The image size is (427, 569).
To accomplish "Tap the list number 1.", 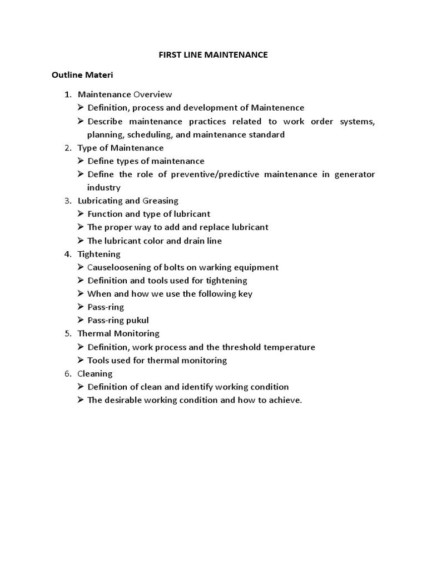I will pyautogui.click(x=67, y=94).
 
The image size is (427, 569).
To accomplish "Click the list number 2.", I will pyautogui.click(x=67, y=148).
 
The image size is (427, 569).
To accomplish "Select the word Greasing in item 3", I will pyautogui.click(x=161, y=201).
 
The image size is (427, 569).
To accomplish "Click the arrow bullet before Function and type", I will pyautogui.click(x=81, y=214).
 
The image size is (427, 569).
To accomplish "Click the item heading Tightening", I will pyautogui.click(x=99, y=254).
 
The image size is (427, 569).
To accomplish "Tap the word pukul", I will pyautogui.click(x=138, y=320).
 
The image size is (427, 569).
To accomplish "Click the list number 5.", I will pyautogui.click(x=67, y=333).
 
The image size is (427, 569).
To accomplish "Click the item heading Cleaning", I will pyautogui.click(x=95, y=373).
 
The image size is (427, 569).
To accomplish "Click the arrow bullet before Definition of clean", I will pyautogui.click(x=81, y=387).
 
